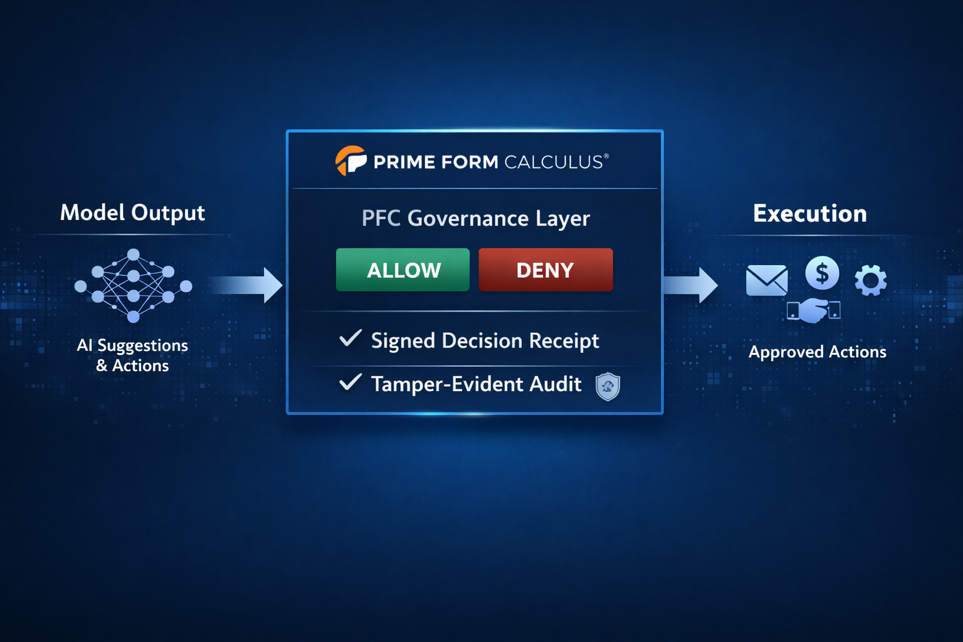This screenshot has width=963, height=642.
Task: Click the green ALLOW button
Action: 403,270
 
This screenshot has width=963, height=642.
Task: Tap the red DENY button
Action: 545,270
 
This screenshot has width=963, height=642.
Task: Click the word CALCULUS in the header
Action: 553,162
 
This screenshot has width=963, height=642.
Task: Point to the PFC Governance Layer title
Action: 475,218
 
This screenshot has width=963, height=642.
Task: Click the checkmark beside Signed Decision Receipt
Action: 350,339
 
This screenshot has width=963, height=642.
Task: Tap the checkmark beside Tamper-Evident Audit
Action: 350,382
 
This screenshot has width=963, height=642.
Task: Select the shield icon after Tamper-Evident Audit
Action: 608,386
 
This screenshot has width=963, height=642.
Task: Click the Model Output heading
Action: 132,213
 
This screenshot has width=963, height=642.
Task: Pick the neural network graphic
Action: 133,285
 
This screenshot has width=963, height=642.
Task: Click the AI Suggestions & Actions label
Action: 132,355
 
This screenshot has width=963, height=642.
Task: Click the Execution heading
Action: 809,214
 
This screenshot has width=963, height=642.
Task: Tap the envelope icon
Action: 767,280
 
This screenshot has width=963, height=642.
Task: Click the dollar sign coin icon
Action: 822,273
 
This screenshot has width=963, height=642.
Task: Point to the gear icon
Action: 871,280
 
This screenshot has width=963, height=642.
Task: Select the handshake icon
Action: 814,310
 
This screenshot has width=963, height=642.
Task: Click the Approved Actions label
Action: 817,352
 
